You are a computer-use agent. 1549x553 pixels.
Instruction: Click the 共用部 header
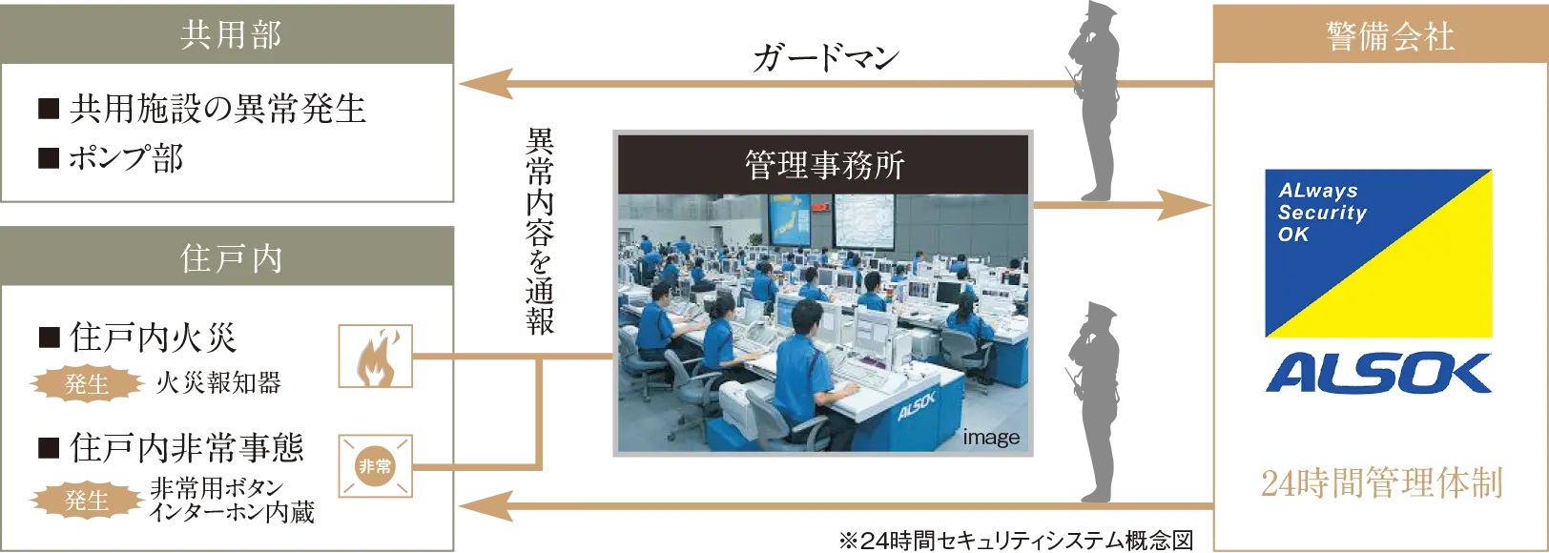click(x=227, y=34)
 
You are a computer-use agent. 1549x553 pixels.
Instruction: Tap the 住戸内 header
click(x=227, y=257)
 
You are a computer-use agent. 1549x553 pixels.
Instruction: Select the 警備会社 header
click(x=1381, y=34)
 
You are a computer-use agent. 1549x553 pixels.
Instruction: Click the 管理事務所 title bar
click(x=823, y=165)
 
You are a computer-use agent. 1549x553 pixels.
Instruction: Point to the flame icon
click(x=376, y=357)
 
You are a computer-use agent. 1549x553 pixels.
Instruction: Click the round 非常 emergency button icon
click(x=375, y=466)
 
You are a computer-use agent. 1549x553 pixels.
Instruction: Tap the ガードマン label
click(x=826, y=57)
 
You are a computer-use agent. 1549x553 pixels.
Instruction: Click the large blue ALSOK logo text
click(x=1379, y=374)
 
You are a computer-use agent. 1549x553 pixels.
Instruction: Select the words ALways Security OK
click(x=1321, y=212)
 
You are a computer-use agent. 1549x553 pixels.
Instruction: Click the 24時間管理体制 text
click(x=1382, y=482)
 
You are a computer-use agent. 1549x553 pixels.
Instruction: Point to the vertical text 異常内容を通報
click(x=540, y=231)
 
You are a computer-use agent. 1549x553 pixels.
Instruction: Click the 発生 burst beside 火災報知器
click(x=87, y=383)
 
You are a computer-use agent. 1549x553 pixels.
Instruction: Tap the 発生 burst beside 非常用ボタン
click(x=87, y=500)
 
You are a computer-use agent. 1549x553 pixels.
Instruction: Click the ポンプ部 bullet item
click(x=111, y=157)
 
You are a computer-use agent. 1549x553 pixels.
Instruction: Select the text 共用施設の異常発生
click(x=202, y=109)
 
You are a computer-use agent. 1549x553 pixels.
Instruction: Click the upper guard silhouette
click(x=1095, y=101)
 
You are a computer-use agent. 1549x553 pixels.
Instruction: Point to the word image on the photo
click(x=991, y=438)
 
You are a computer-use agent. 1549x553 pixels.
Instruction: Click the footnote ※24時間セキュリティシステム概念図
click(x=1016, y=540)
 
